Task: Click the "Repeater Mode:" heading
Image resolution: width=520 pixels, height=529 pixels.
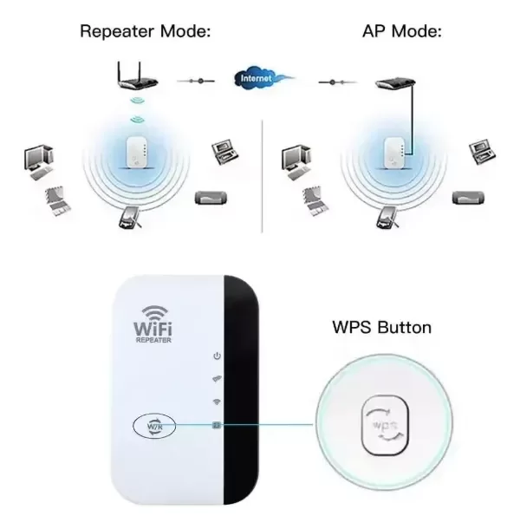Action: [146, 31]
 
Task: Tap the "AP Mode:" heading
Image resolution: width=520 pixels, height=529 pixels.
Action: [401, 31]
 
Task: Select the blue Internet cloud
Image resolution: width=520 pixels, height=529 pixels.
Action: [260, 78]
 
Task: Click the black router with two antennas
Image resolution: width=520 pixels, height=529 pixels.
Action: [138, 76]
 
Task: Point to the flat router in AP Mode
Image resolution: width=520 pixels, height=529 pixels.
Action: [395, 83]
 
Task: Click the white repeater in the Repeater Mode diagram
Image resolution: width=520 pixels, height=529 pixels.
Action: [136, 152]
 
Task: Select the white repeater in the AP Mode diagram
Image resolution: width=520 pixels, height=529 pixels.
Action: [394, 152]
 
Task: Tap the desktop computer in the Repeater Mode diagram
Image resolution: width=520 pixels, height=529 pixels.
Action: [39, 162]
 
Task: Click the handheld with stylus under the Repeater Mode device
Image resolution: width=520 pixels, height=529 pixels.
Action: [130, 217]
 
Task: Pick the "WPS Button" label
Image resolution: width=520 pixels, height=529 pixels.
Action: [381, 327]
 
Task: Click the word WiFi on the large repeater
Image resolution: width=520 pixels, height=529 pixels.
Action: [153, 328]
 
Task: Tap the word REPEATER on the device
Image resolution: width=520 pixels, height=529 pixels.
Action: [153, 340]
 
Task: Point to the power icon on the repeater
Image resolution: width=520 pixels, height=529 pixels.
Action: [217, 356]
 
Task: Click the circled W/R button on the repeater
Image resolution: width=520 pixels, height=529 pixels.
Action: [154, 426]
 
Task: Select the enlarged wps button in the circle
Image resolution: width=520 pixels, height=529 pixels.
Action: [385, 425]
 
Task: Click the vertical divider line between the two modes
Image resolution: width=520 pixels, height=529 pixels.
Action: [262, 176]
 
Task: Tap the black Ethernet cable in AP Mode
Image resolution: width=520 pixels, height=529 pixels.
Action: [412, 120]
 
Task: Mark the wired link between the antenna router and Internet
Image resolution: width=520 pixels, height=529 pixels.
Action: [196, 81]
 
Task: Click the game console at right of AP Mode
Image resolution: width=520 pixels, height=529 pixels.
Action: [468, 198]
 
